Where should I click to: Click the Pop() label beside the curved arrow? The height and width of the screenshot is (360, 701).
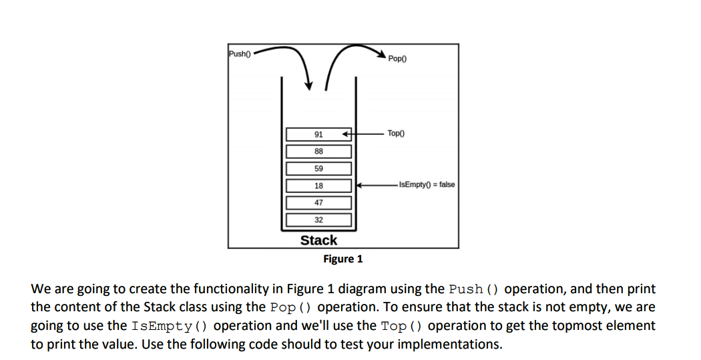point(397,59)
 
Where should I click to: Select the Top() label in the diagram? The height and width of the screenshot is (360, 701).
point(396,134)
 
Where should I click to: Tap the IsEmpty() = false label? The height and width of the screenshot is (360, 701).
point(426,184)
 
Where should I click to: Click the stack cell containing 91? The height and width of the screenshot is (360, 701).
point(318,134)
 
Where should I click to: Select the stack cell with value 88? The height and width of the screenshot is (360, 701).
point(318,152)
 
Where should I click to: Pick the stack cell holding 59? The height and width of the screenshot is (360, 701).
point(318,168)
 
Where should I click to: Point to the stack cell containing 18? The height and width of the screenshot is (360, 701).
point(318,186)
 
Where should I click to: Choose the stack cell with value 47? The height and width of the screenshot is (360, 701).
point(318,202)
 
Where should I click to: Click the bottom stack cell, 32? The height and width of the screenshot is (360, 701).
point(318,220)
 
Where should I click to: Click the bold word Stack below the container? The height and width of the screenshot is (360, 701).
point(318,240)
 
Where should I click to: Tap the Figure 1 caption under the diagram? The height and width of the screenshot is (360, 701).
point(342,259)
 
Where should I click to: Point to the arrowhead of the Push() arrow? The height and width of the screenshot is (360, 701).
point(309,85)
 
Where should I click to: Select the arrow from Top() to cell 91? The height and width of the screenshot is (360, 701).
point(364,134)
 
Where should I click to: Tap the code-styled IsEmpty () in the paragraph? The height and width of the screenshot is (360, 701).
point(172,326)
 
